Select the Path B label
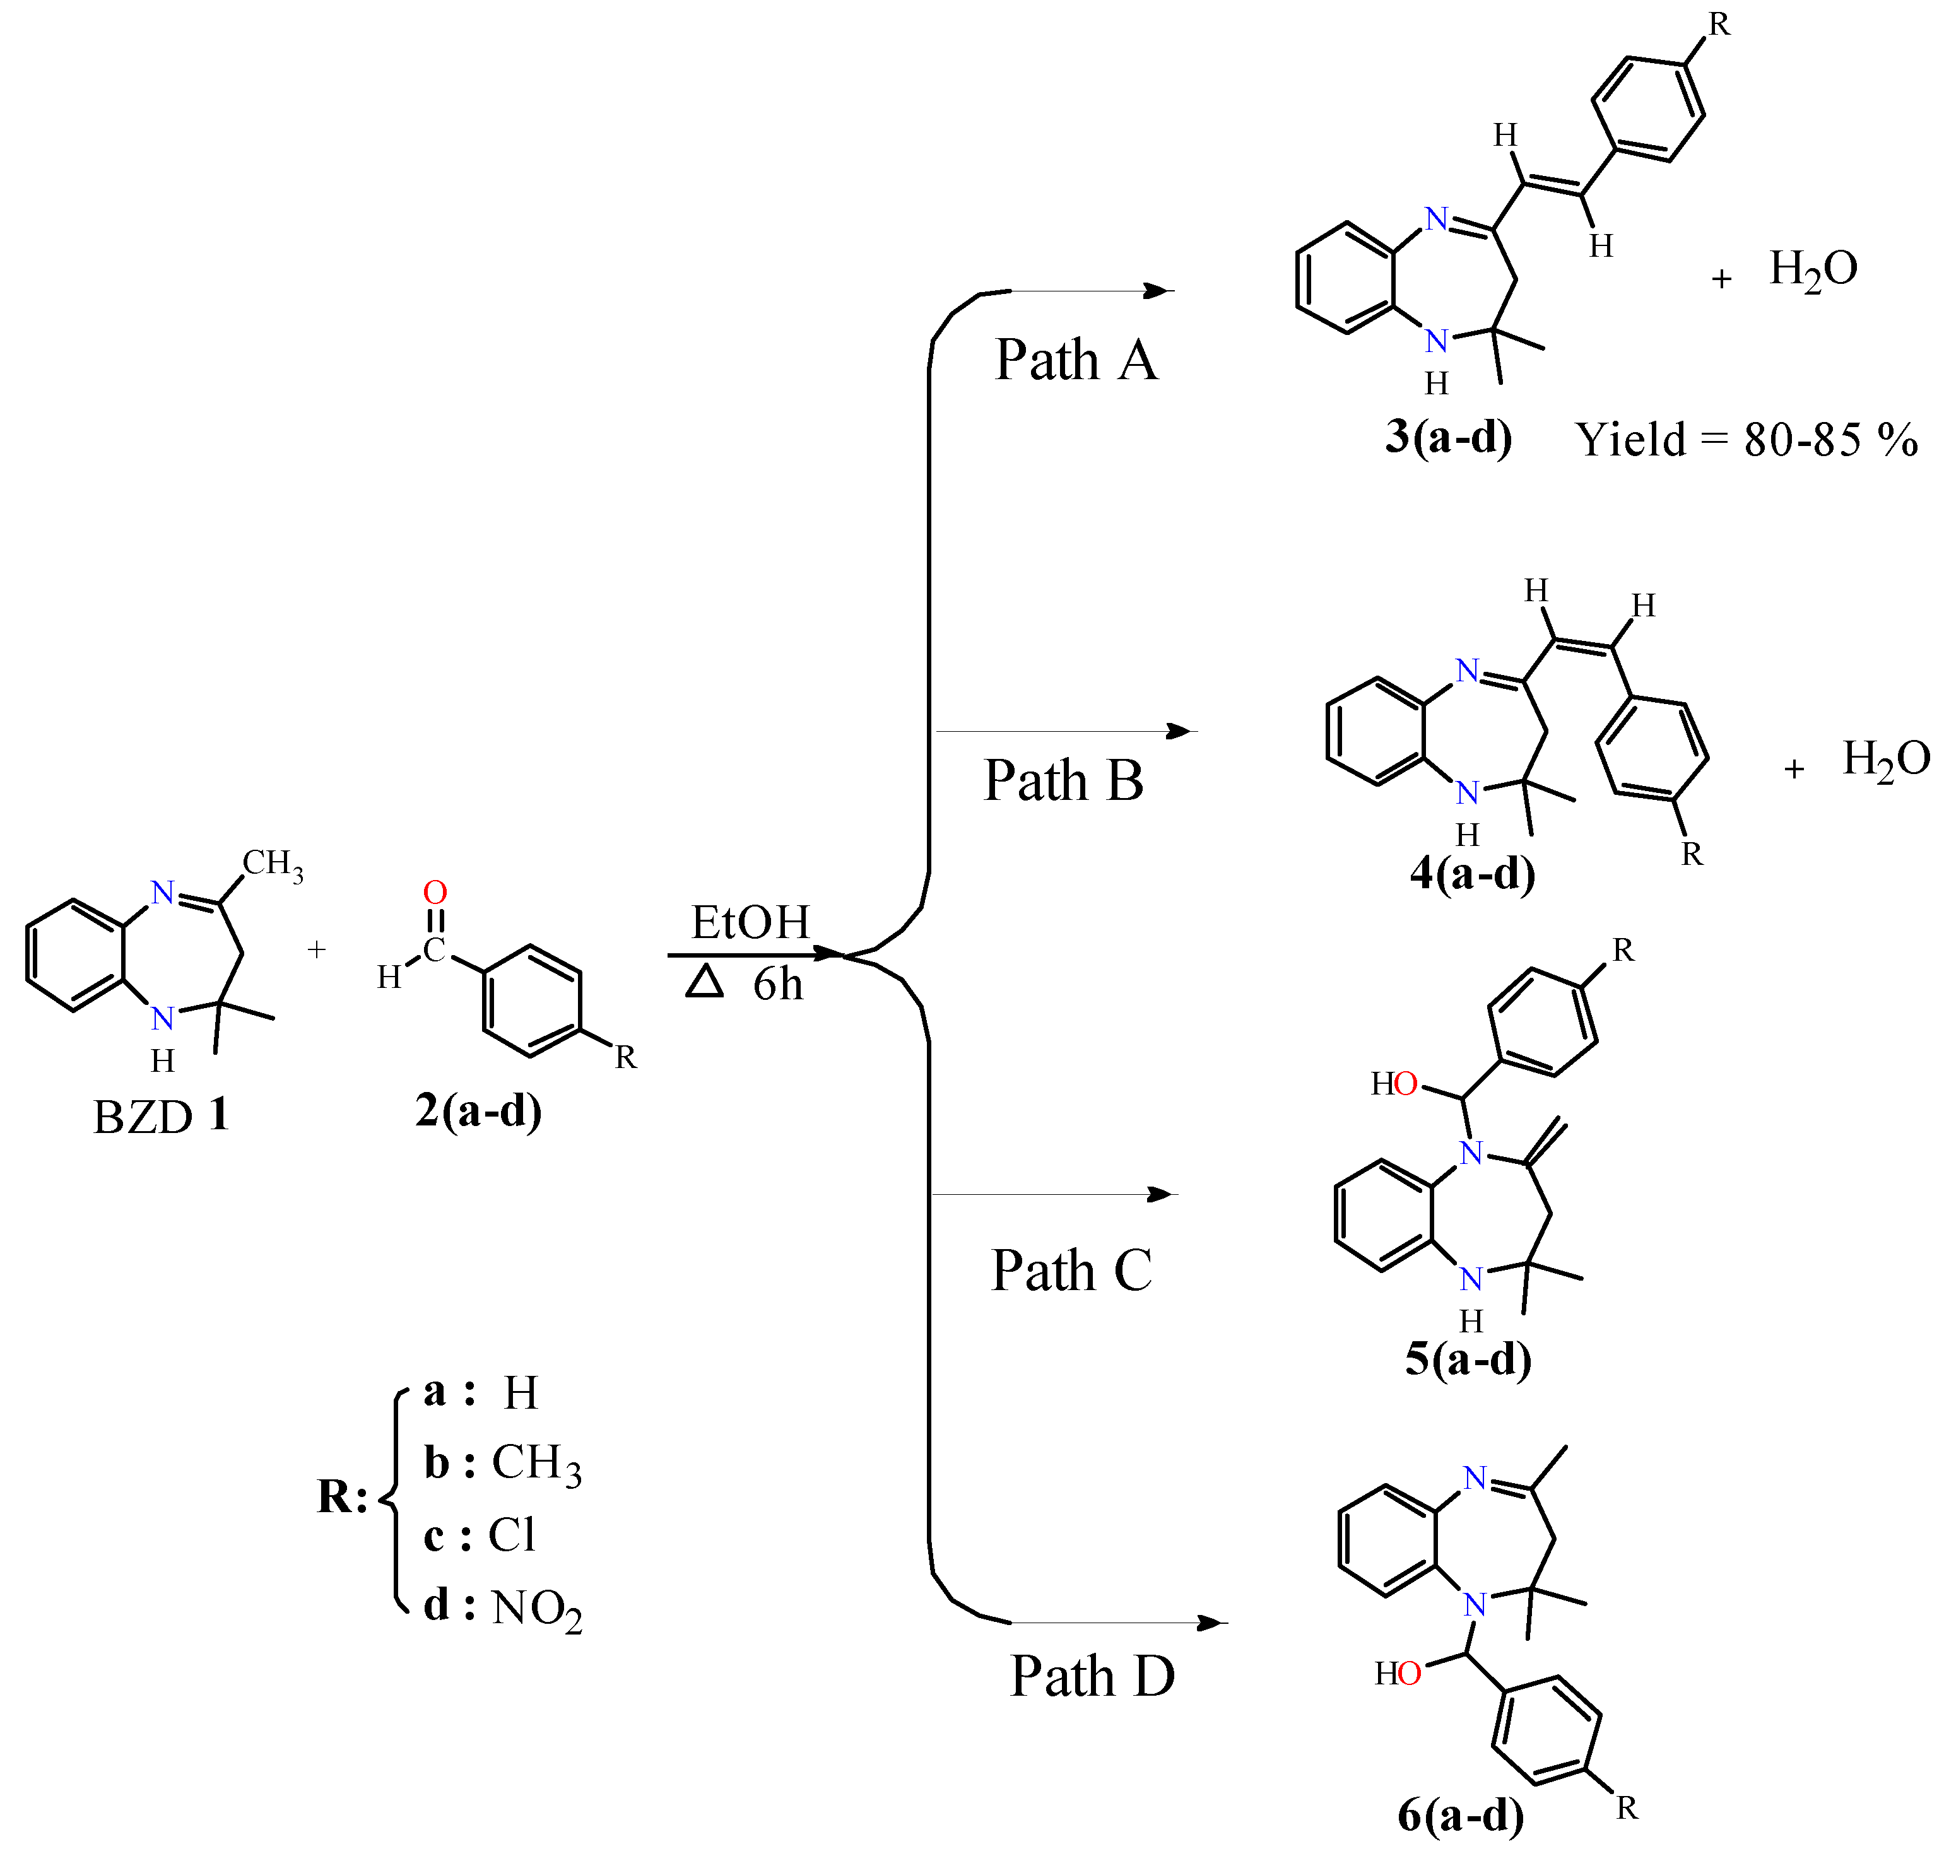pos(1063,780)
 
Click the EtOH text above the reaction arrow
pos(750,923)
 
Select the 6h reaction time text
pos(777,985)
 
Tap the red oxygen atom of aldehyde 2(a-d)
pos(435,892)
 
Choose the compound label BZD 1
pos(161,1117)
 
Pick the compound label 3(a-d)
pos(1448,437)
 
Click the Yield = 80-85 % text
pos(1747,439)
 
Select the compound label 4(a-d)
pos(1472,874)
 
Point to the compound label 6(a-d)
pos(1460,1814)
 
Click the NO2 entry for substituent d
pos(536,1608)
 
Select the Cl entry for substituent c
pos(512,1535)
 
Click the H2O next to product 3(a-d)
pos(1813,269)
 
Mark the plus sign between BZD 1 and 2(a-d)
pos(316,950)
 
